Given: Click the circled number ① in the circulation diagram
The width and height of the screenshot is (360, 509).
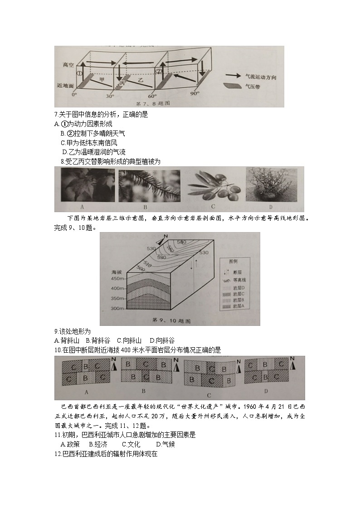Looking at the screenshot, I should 79,73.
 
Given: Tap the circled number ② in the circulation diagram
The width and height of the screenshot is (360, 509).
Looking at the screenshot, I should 158,71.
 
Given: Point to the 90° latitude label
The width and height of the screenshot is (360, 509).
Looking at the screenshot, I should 195,94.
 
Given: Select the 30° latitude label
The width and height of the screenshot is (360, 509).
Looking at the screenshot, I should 110,96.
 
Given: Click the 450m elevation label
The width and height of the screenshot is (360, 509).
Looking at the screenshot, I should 117,278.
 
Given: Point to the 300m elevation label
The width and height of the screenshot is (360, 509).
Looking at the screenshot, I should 117,308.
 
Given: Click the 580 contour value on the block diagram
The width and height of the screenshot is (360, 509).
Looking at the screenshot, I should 181,242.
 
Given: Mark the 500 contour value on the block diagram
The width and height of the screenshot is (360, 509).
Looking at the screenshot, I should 140,269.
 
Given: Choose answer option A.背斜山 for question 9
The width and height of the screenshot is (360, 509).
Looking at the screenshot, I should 67,340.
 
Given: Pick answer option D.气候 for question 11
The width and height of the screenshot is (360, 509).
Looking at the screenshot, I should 165,444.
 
